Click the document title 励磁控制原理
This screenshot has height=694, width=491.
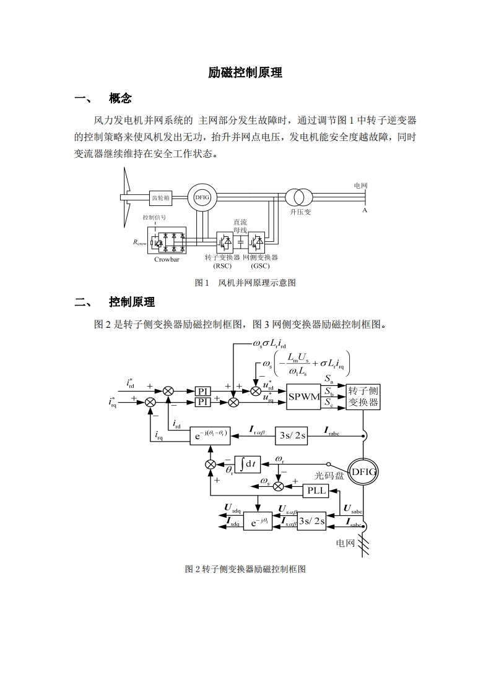tap(245, 72)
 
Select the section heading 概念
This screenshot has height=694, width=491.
tap(120, 98)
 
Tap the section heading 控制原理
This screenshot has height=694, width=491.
tap(131, 302)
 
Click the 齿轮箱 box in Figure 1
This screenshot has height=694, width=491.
tap(161, 198)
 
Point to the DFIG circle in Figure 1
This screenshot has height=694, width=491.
tap(202, 197)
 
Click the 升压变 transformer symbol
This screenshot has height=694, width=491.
tap(300, 197)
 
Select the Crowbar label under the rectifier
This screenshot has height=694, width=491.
tap(167, 259)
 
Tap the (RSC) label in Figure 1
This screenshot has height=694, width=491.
tap(222, 266)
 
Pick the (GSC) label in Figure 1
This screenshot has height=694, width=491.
tap(260, 266)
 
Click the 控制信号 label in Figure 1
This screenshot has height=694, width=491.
tap(154, 217)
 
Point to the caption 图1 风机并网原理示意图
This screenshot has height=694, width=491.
tap(245, 283)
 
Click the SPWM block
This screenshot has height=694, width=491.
tap(304, 396)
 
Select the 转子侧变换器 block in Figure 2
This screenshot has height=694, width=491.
tap(363, 396)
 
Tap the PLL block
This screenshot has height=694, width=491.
tap(317, 491)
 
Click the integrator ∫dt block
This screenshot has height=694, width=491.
tap(250, 463)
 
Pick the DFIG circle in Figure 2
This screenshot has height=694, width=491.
tap(363, 472)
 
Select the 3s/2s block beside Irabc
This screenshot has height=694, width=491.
tap(292, 435)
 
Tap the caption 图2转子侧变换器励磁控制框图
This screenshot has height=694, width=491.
tap(245, 569)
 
